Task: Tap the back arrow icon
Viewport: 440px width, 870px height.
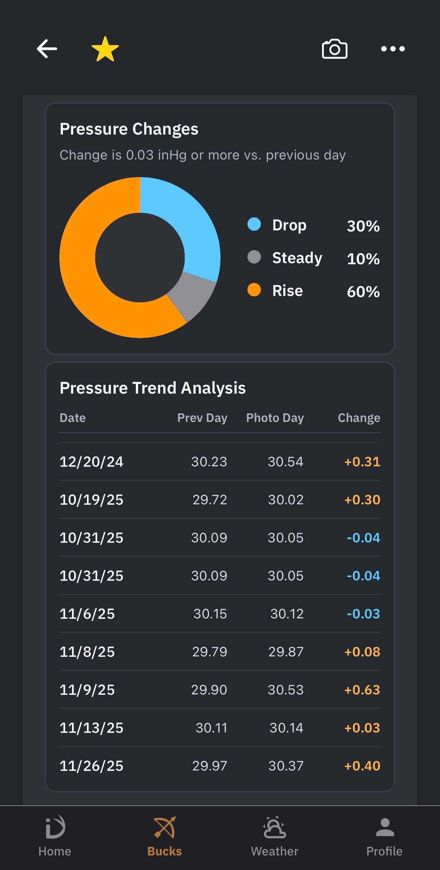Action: coord(47,48)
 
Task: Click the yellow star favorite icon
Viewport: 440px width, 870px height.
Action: coord(105,49)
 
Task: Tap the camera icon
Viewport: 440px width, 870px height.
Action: coord(335,48)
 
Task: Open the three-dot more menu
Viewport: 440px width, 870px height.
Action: coord(393,48)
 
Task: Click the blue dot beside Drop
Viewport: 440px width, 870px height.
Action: coord(254,224)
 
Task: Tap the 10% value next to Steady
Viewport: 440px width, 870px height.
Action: coord(363,259)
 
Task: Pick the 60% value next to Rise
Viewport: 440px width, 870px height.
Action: coord(363,291)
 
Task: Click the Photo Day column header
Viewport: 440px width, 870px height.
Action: coord(275,418)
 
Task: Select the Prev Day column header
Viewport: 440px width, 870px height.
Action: coord(202,418)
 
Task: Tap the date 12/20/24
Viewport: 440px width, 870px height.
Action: coord(91,462)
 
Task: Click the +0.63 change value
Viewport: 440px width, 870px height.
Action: coord(362,690)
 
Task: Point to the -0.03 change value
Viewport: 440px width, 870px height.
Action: coord(363,614)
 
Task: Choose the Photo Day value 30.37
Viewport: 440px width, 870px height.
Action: coord(286,766)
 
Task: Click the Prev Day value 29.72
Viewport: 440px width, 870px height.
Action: coord(210,500)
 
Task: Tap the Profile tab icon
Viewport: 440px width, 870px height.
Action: coord(385,828)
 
